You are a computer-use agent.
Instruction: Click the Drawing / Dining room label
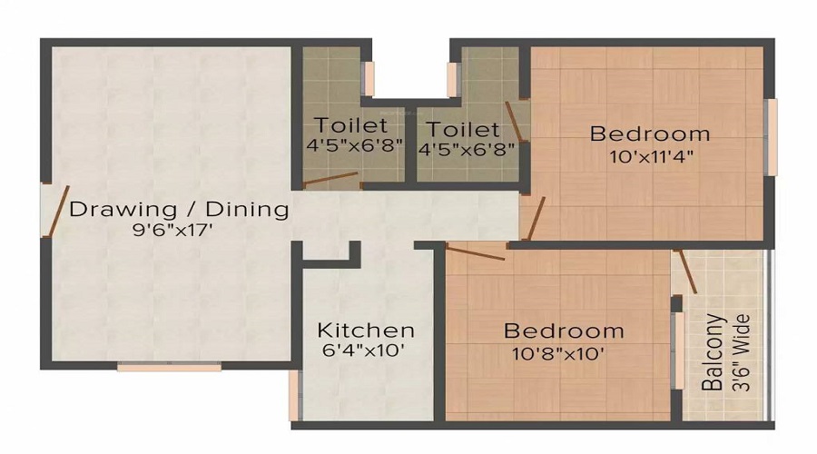[x=179, y=210]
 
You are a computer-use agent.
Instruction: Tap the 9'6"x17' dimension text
[x=172, y=231]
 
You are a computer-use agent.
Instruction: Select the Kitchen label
[x=366, y=330]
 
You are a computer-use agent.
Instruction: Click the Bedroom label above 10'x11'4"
[x=650, y=134]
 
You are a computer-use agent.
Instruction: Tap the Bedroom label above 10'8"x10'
[x=565, y=330]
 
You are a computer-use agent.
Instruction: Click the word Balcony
[x=714, y=352]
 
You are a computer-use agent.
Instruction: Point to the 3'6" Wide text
[x=741, y=352]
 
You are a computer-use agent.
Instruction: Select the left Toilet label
[x=351, y=125]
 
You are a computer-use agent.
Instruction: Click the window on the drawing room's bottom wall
[x=169, y=367]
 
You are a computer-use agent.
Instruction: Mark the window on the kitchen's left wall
[x=294, y=395]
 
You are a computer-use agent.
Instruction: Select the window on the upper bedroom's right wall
[x=772, y=136]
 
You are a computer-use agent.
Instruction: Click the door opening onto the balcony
[x=685, y=271]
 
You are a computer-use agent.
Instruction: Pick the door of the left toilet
[x=330, y=179]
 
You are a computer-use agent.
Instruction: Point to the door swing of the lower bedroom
[x=476, y=253]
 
